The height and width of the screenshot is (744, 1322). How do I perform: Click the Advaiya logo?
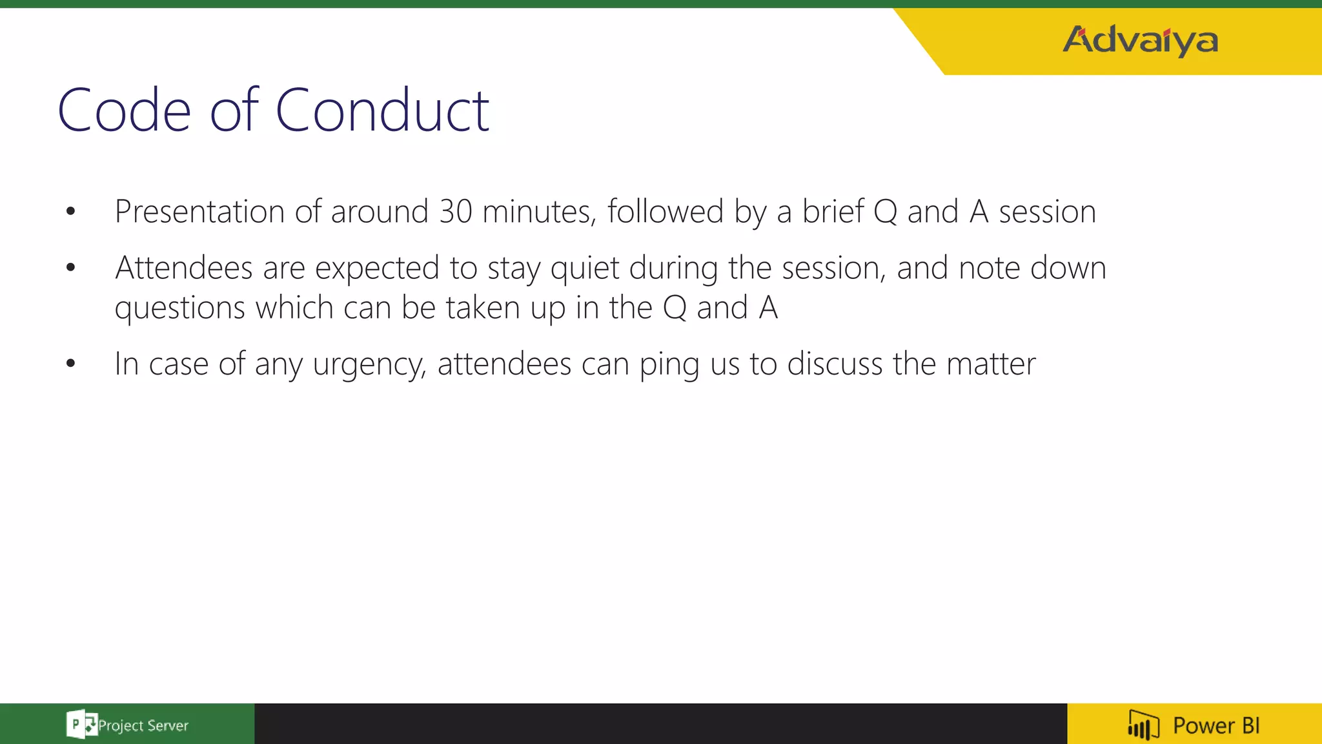tap(1140, 41)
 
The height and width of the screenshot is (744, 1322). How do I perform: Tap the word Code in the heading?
tap(124, 111)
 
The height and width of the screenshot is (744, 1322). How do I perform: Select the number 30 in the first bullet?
tap(456, 212)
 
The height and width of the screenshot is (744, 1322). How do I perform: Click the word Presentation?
tap(199, 212)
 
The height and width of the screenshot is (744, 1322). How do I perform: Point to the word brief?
tap(833, 212)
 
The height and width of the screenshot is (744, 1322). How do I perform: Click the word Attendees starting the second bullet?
tap(183, 268)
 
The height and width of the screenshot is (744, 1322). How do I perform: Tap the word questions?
tap(179, 309)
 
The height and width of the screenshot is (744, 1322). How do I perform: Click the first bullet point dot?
tap(70, 211)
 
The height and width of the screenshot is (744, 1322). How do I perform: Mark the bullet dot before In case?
tap(70, 364)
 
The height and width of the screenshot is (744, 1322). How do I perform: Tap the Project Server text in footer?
tap(143, 726)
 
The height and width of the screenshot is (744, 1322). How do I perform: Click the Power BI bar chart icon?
tap(1143, 725)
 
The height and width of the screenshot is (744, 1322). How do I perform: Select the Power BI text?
tap(1216, 725)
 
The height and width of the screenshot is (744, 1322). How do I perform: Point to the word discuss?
tap(835, 364)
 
